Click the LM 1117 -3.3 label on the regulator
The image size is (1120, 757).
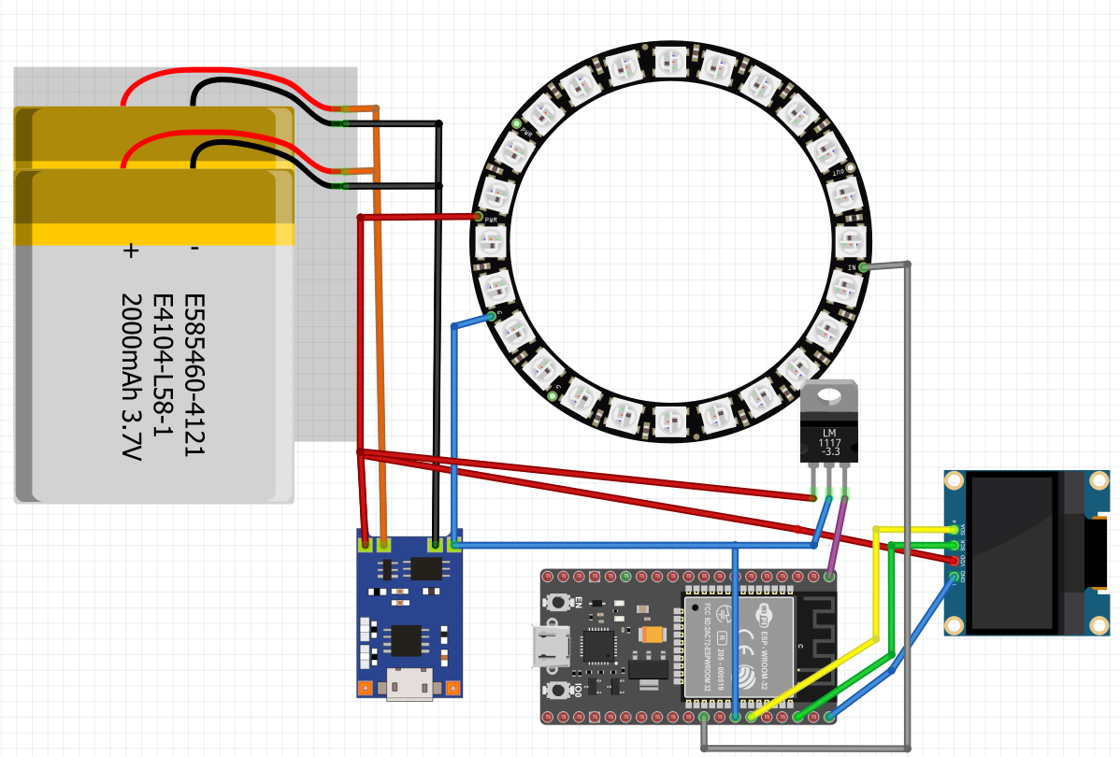828,442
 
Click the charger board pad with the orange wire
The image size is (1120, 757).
383,544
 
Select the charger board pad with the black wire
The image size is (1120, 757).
435,544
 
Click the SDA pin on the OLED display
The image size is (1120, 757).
954,530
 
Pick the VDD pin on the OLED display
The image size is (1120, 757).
954,561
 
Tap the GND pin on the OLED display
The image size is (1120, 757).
954,577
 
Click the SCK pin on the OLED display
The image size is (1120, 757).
954,545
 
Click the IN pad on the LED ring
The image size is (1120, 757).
863,267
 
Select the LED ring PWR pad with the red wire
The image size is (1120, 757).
479,217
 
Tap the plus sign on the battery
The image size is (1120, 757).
131,250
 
